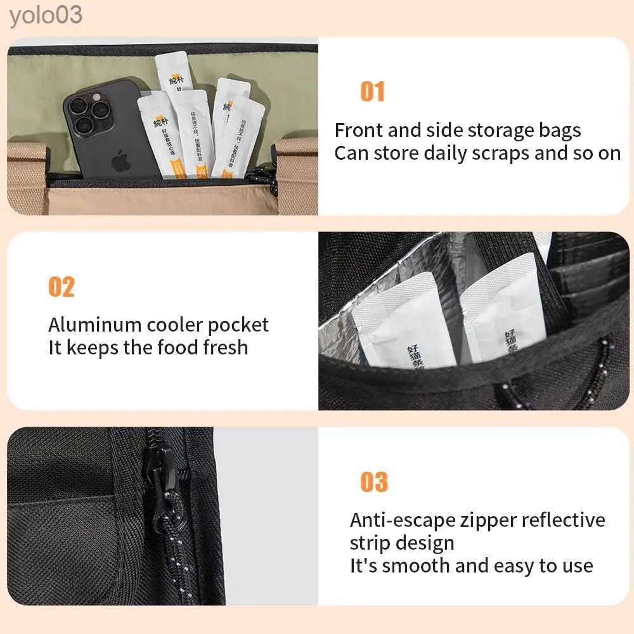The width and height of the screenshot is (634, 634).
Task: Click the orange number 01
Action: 372,92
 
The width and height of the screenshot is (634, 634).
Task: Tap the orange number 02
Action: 61,287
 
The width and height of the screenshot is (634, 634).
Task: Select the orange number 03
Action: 373,482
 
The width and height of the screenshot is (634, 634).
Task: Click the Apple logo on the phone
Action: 119,160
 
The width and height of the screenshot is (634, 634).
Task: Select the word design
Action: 427,543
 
